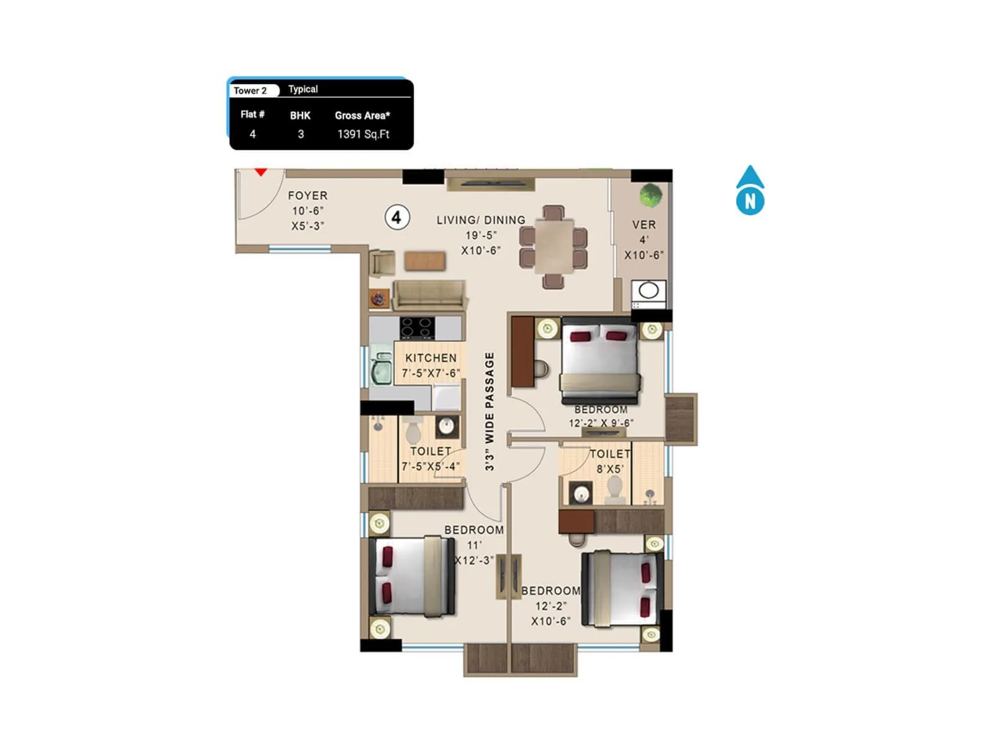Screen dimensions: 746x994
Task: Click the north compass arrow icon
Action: (x=750, y=190)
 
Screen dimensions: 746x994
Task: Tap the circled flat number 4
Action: (x=396, y=218)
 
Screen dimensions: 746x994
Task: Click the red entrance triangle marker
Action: (x=261, y=172)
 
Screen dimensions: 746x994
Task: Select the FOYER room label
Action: (x=308, y=196)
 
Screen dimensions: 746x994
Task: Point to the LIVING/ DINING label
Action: (x=481, y=220)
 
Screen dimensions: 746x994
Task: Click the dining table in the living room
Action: (x=554, y=246)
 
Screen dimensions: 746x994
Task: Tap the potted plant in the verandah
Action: (x=650, y=195)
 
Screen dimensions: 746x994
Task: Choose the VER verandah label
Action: (x=644, y=224)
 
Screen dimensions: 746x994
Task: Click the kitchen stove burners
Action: (x=417, y=328)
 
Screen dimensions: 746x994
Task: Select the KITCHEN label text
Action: (x=431, y=358)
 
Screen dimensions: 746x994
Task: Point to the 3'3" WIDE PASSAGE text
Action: (x=490, y=411)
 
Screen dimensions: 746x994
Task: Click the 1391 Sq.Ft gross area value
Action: (x=363, y=134)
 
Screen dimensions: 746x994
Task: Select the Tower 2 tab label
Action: (x=250, y=91)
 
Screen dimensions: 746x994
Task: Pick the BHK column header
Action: (x=300, y=116)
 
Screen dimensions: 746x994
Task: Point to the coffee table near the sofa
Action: (x=425, y=260)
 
